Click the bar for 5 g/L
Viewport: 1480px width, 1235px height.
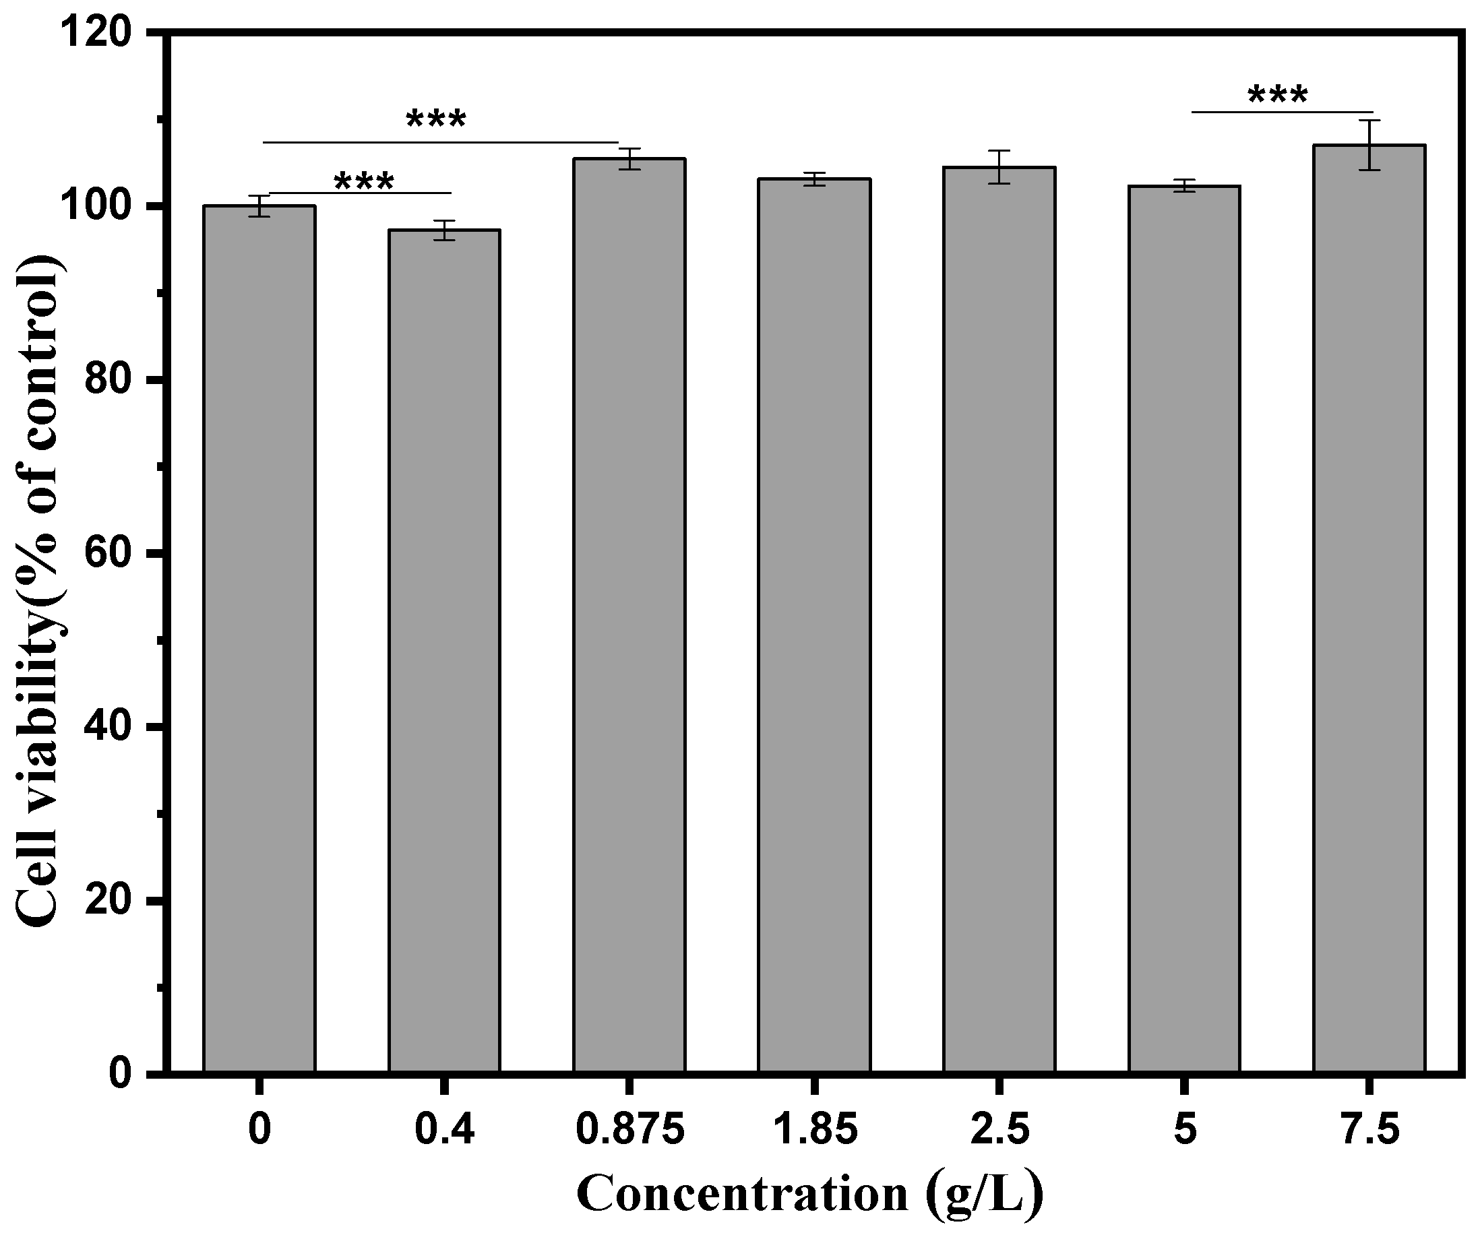click(x=1184, y=628)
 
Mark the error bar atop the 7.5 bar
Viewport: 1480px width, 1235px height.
click(x=1369, y=144)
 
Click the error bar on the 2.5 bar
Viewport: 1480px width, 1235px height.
click(x=999, y=167)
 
